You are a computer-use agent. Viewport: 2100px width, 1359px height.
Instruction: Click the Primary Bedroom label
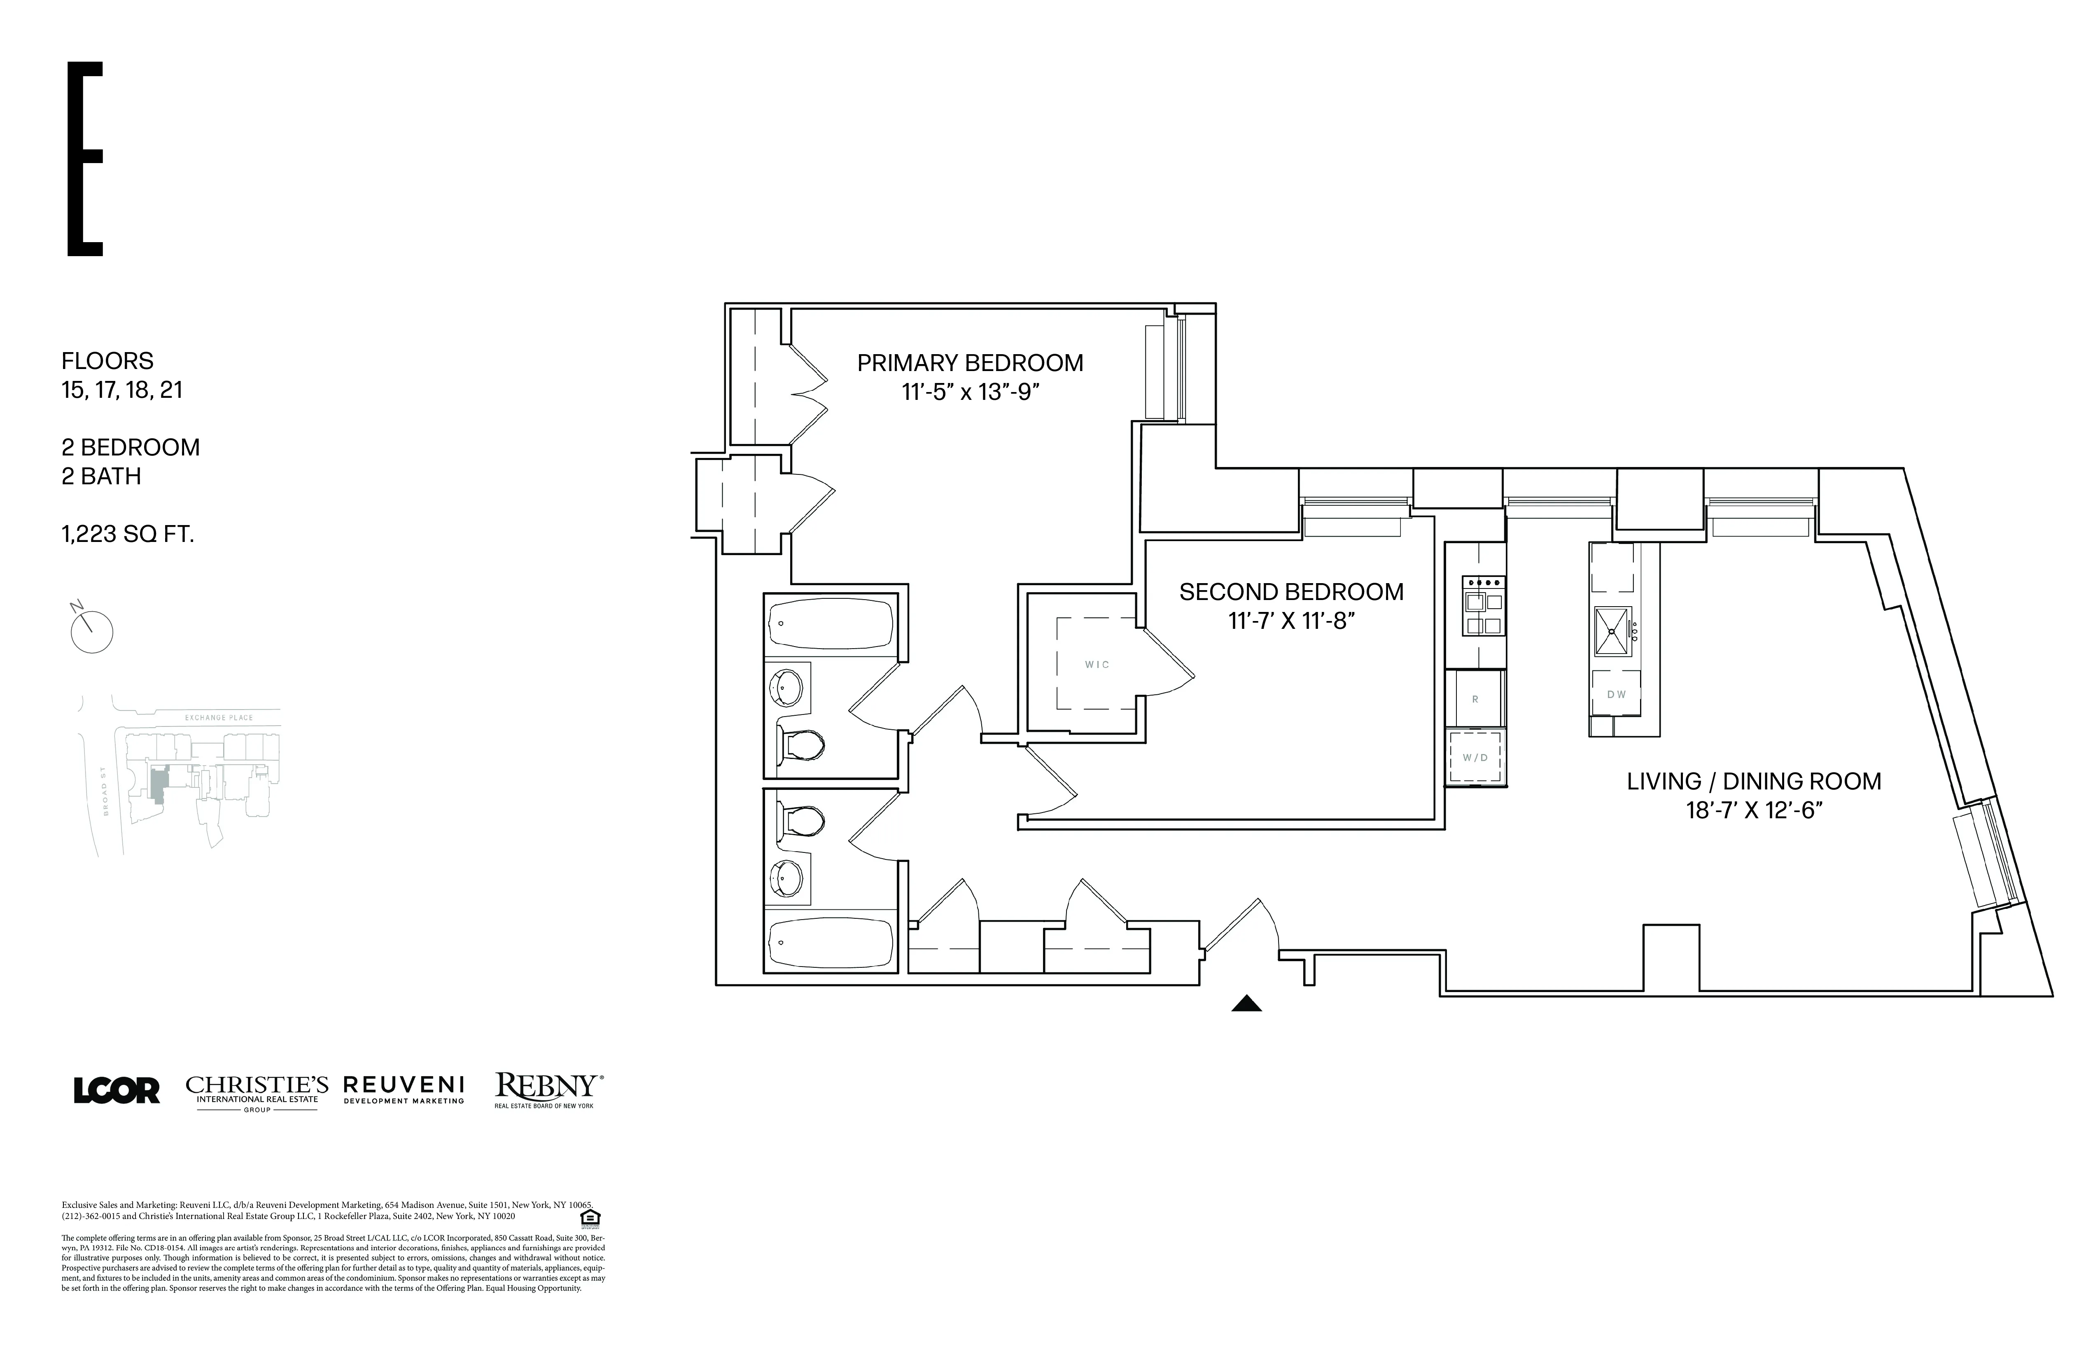(x=970, y=363)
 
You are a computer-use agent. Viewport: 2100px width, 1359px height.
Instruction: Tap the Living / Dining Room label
(x=1753, y=781)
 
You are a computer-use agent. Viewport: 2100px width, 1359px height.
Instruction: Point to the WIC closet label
(x=1097, y=665)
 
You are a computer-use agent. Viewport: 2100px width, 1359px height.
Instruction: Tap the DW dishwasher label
(x=1616, y=694)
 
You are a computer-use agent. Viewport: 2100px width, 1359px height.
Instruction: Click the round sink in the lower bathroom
(x=787, y=877)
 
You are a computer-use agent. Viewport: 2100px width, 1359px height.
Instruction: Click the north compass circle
(x=92, y=632)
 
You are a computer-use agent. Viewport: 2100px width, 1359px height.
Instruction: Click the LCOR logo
(x=117, y=1091)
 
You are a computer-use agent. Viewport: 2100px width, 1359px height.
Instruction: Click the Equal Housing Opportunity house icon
(x=590, y=1218)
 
